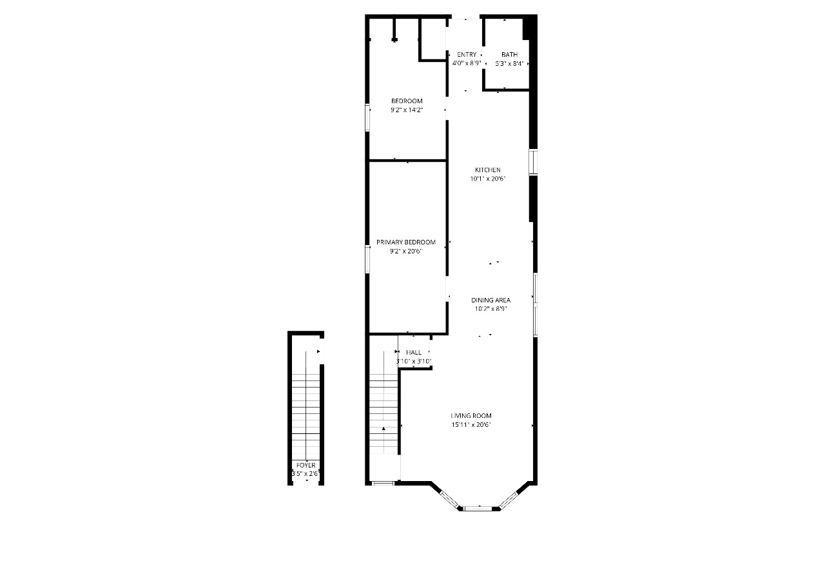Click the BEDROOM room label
tap(407, 101)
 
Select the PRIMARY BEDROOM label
tap(406, 242)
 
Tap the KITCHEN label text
tap(488, 170)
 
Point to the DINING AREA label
tap(491, 300)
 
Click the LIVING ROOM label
tap(471, 416)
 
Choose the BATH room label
tap(509, 55)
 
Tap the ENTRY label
tap(467, 55)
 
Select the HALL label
tap(414, 353)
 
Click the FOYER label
tap(306, 465)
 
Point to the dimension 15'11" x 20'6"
tap(471, 425)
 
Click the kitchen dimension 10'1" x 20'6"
tap(488, 179)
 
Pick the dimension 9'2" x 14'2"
tap(407, 110)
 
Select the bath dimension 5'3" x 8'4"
tap(509, 64)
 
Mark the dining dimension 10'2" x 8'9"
tap(491, 309)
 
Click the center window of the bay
tap(478, 508)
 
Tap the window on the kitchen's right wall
tap(533, 162)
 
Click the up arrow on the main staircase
tap(383, 428)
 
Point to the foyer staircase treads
tap(306, 413)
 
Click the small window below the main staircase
tap(383, 483)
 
